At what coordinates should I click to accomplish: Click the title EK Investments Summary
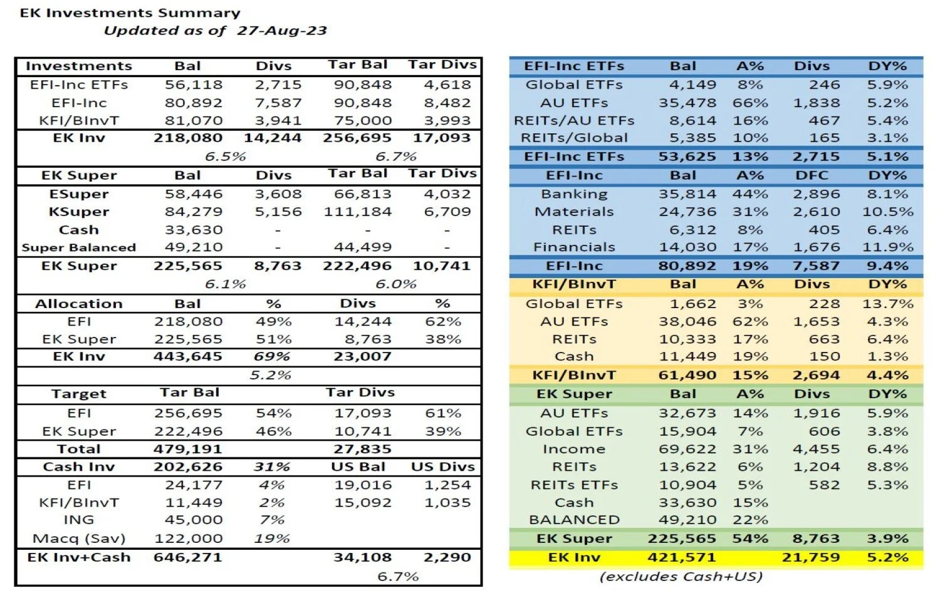pyautogui.click(x=130, y=13)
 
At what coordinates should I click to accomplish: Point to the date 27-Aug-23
pyautogui.click(x=282, y=30)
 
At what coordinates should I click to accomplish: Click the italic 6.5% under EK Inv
pyautogui.click(x=225, y=156)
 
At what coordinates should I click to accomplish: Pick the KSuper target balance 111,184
pyautogui.click(x=357, y=212)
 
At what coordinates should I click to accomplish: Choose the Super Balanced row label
pyautogui.click(x=79, y=247)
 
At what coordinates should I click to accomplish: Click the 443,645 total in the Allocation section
pyautogui.click(x=187, y=356)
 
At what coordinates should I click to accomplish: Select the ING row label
pyautogui.click(x=79, y=520)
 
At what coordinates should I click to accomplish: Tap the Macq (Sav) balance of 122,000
pyautogui.click(x=187, y=539)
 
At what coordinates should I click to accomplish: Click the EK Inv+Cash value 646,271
pyautogui.click(x=187, y=557)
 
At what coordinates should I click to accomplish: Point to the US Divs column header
pyautogui.click(x=442, y=467)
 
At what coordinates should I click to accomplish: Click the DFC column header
pyautogui.click(x=812, y=175)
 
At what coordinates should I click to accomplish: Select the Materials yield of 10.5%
pyautogui.click(x=887, y=212)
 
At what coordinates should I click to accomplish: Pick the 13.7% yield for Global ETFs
pyautogui.click(x=887, y=304)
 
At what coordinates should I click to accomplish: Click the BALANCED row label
pyautogui.click(x=574, y=520)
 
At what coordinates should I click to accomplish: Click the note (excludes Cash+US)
pyautogui.click(x=681, y=576)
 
